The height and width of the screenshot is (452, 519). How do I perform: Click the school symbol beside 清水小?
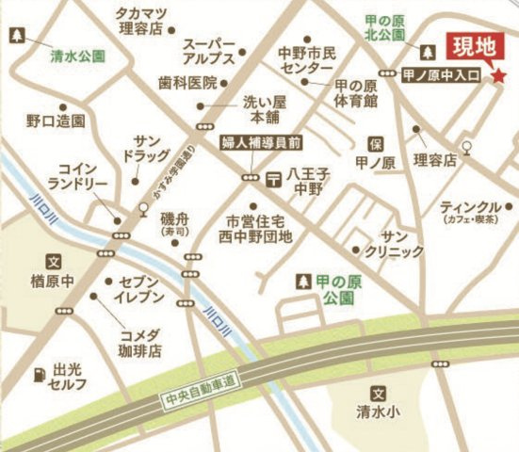tap(379, 395)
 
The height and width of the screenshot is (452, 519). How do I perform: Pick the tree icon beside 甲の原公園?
tap(303, 281)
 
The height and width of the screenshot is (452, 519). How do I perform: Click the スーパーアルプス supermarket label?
tap(209, 53)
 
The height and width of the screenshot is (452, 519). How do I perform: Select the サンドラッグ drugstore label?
tap(147, 146)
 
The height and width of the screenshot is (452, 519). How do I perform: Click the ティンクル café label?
tap(470, 210)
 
